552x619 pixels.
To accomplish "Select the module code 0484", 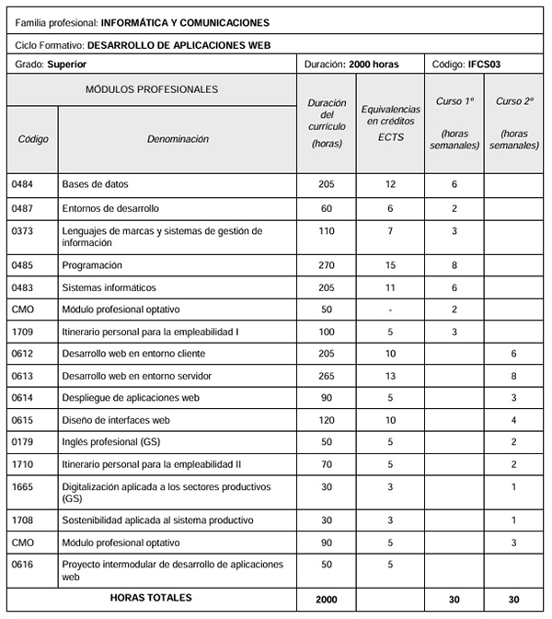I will tap(21, 185).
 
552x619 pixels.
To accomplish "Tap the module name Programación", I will tap(90, 264).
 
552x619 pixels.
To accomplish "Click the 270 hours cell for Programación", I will tap(326, 264).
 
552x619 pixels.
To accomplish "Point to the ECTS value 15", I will tap(390, 264).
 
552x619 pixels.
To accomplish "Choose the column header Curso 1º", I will tap(454, 100).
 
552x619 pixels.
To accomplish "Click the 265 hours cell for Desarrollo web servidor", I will tap(326, 376).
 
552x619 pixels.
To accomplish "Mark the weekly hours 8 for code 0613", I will tap(514, 376).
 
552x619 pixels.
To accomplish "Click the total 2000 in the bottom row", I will tap(326, 600).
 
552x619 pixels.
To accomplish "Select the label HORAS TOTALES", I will tap(151, 598).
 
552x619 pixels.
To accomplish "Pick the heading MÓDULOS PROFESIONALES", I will tap(152, 90).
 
